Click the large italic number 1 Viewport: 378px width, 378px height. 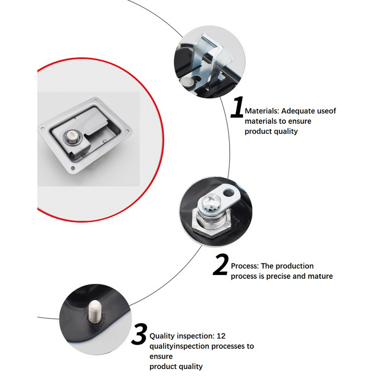point(238,108)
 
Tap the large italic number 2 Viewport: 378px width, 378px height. point(221,266)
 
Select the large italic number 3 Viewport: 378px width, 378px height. point(139,335)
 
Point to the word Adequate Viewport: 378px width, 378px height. point(298,111)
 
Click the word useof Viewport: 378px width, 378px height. point(326,111)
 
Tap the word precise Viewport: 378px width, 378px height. point(278,276)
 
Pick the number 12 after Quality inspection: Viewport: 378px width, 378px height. point(221,336)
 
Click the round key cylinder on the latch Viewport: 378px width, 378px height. point(69,137)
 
